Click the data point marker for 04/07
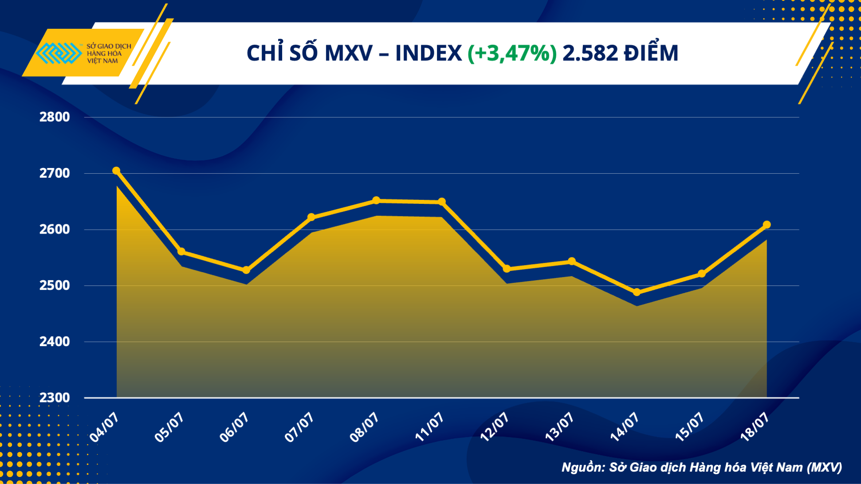coord(116,171)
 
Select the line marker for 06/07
coord(246,270)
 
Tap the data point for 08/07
coord(376,200)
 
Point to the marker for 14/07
coord(637,292)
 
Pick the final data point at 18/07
coord(767,225)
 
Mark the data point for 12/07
coord(507,269)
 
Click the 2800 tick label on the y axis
coord(55,117)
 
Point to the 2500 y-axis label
coord(55,285)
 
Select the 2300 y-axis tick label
coord(55,398)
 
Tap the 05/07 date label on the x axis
coord(169,427)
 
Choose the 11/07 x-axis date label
coord(429,427)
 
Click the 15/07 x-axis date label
coord(690,427)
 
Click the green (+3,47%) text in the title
coord(512,53)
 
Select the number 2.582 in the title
coord(590,53)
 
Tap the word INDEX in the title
coord(428,53)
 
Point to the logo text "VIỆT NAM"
coord(102,61)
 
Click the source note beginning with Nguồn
coord(701,467)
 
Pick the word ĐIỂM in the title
coord(651,53)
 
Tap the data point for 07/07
coord(311,217)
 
